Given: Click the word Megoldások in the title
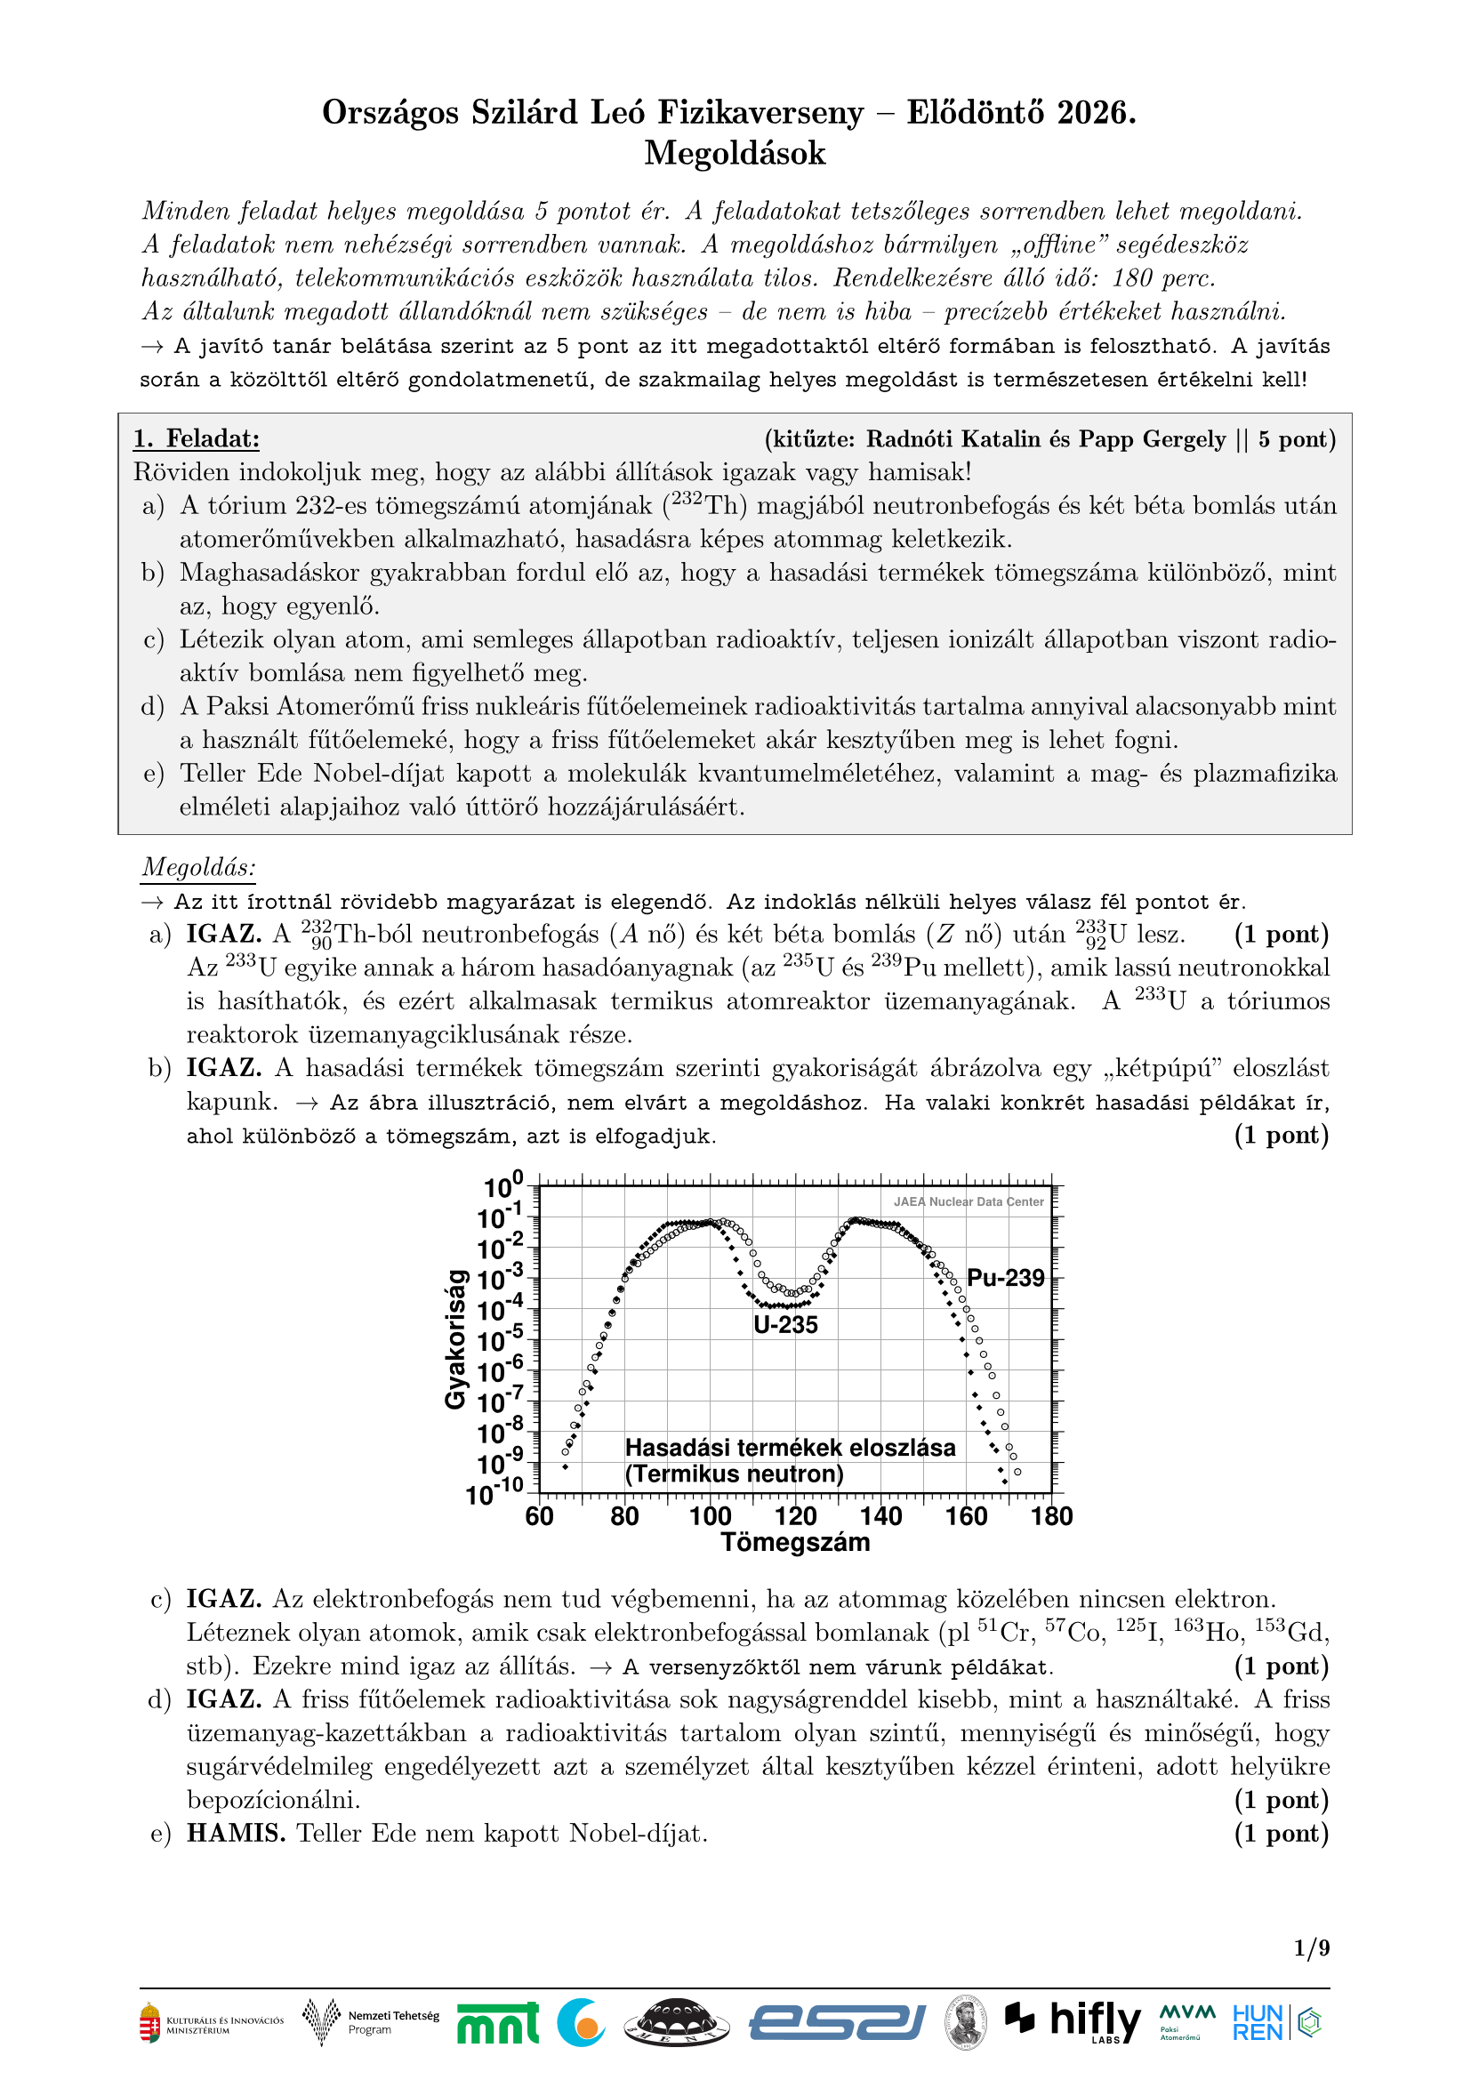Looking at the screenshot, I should point(735,153).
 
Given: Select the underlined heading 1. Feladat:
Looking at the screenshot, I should point(197,439).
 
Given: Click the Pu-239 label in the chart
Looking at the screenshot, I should point(1006,1278).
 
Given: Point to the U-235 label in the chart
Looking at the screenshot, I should point(785,1325).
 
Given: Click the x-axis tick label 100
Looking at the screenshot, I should point(710,1516).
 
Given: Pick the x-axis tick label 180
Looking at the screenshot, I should point(1051,1516).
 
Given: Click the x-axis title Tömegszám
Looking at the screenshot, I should point(795,1543).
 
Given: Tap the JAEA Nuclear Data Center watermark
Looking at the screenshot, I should point(969,1202).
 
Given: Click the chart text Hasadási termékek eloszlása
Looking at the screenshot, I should point(790,1448).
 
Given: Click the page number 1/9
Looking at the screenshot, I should point(1312,1947).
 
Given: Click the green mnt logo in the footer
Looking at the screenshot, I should point(497,2023).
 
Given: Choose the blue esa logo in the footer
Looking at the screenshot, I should point(837,2023).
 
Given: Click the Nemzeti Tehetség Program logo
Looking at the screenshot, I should point(372,2022).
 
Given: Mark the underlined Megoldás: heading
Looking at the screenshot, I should point(198,868).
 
